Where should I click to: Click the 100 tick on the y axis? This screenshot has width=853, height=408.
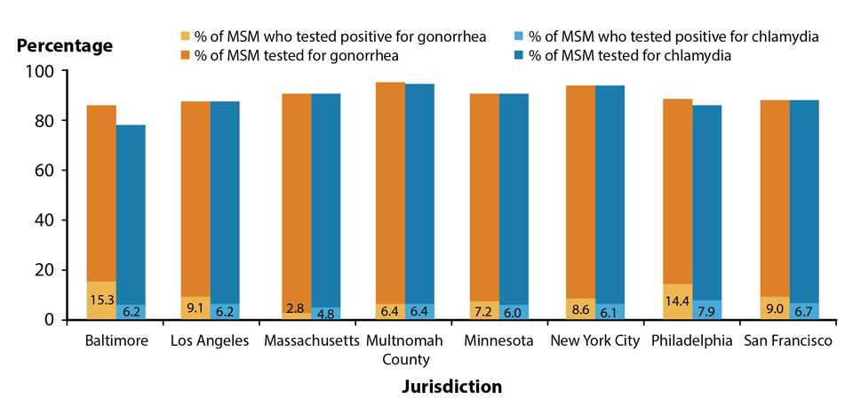pos(43,71)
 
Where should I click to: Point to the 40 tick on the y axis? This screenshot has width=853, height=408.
pos(46,220)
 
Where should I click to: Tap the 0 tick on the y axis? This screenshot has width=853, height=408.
pos(52,319)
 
